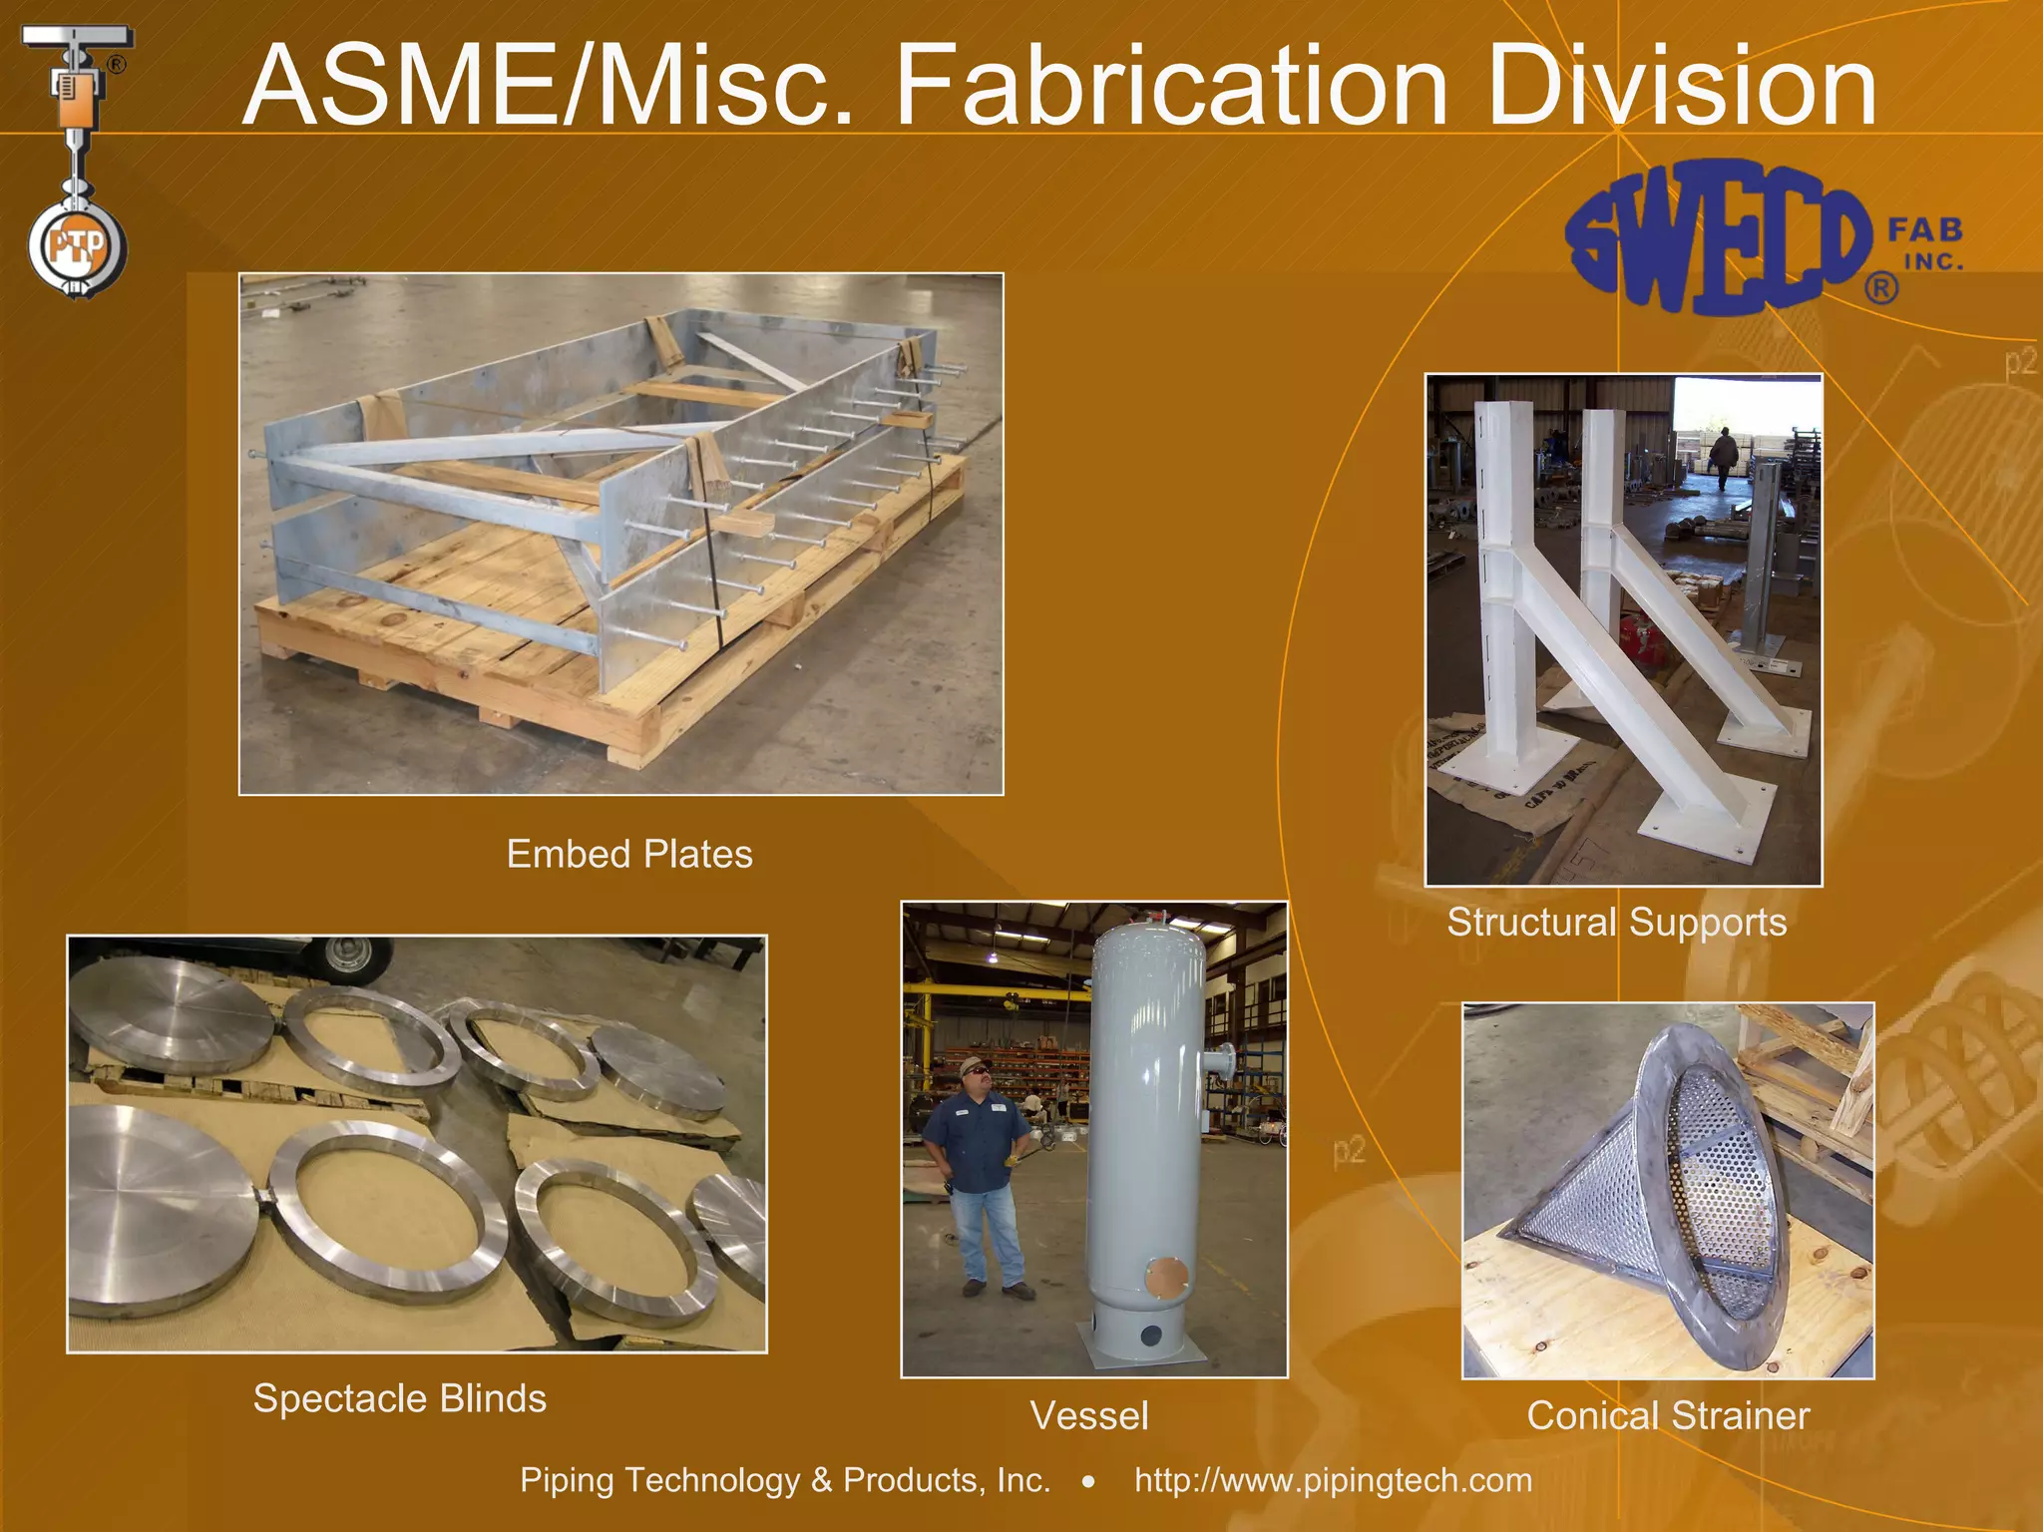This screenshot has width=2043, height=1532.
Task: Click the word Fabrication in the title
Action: coord(1171,88)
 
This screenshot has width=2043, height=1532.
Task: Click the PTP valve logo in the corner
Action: coord(77,160)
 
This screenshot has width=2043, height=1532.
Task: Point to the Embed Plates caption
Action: coord(629,855)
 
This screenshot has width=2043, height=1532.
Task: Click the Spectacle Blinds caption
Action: coord(399,1398)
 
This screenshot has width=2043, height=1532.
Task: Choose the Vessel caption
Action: coord(1089,1415)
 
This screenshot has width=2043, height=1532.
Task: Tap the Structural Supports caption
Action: coord(1616,923)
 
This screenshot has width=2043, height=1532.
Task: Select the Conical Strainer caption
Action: coord(1668,1415)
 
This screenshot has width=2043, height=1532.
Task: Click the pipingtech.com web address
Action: coord(1333,1480)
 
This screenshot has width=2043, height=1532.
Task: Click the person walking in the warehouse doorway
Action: coord(1723,457)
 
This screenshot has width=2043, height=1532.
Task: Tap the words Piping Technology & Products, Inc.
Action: coord(785,1480)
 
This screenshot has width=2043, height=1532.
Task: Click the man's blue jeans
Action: coord(988,1237)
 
